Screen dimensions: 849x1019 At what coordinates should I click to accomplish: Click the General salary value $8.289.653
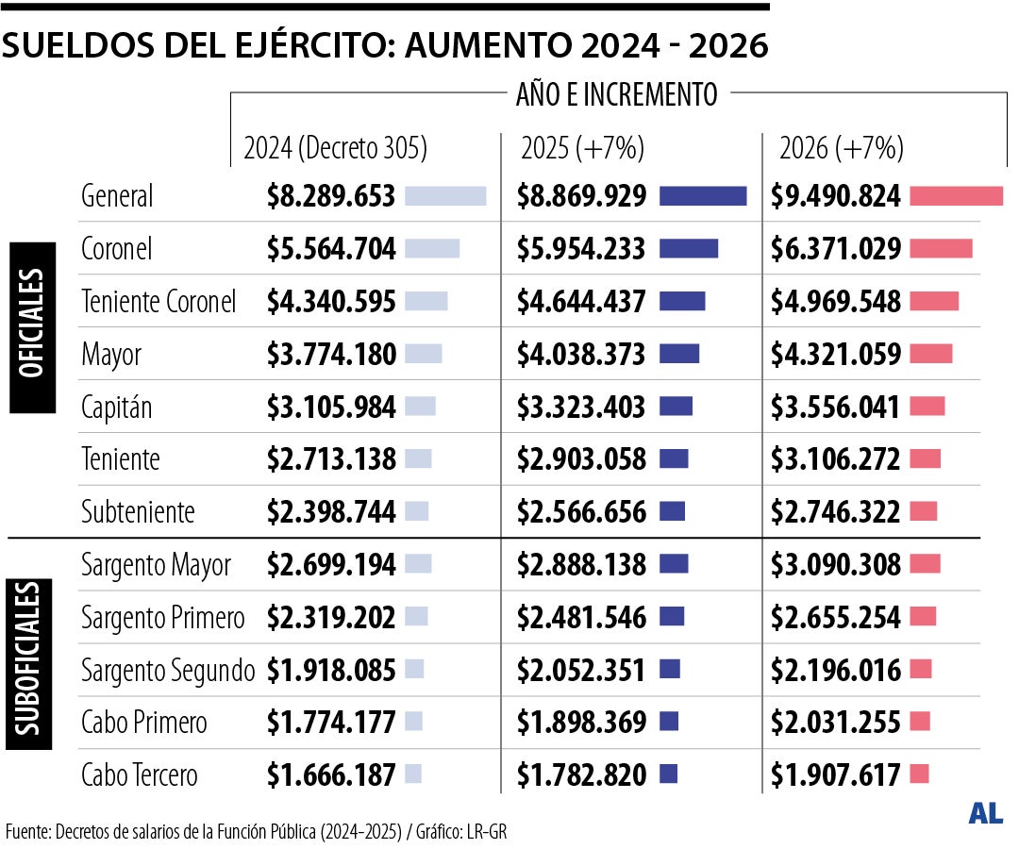pos(330,196)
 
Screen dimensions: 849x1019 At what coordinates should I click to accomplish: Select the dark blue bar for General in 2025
pos(703,196)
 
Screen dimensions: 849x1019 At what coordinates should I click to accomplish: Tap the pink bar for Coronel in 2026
pos(941,249)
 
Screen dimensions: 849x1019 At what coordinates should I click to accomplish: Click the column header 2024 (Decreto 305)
pos(336,148)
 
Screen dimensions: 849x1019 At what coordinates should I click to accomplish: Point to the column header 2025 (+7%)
pos(582,148)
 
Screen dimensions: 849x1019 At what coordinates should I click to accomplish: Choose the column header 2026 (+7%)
pos(842,148)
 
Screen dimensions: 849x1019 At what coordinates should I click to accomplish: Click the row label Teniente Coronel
pos(159,302)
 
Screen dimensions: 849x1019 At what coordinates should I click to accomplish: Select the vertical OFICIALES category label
pos(32,325)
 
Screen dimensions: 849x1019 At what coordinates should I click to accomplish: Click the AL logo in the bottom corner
pos(985,813)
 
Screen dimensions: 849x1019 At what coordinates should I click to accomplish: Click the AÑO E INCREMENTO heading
pos(616,94)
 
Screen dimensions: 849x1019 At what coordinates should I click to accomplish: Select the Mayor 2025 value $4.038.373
pos(581,355)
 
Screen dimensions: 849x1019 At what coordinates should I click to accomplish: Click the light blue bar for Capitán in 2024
pos(420,407)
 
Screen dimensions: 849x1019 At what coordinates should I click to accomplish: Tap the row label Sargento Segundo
pos(168,671)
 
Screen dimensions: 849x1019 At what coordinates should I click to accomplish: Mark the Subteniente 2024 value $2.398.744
pos(330,512)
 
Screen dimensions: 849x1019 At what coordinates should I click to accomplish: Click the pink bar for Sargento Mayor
pos(926,564)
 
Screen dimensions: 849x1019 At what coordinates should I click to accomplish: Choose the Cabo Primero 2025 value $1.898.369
pos(581,723)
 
